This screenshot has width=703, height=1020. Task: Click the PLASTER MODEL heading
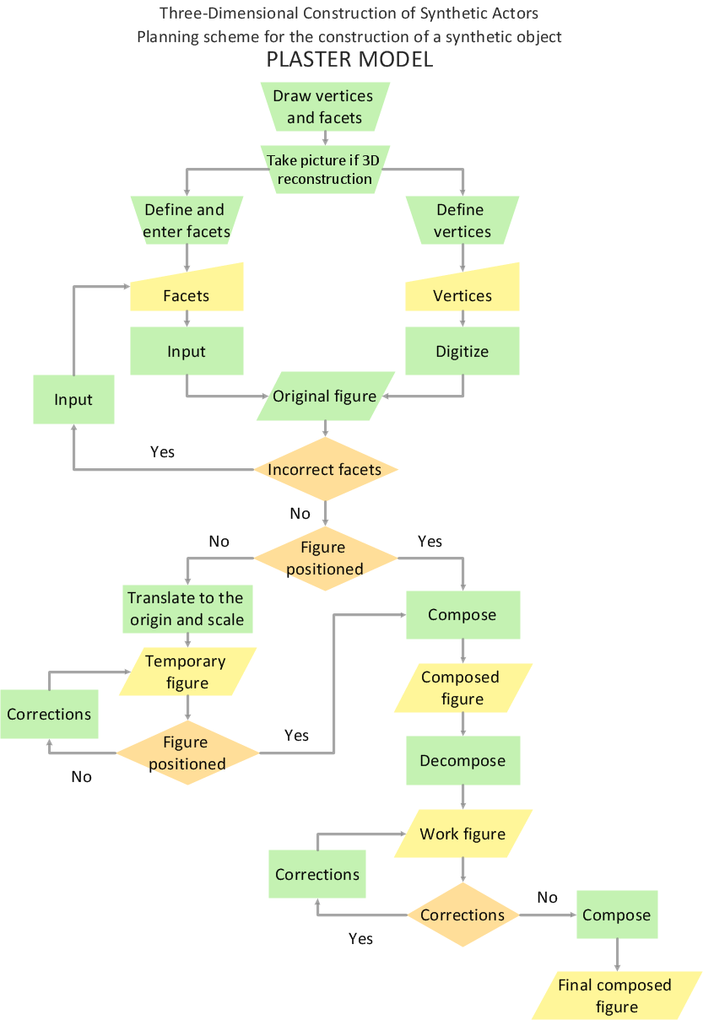pos(350,60)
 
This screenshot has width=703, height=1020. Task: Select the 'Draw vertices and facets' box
pos(324,107)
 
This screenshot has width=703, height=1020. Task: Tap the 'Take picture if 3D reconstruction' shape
pos(324,169)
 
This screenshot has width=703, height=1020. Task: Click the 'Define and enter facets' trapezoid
pos(187,220)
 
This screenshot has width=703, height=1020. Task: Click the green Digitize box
pos(462,351)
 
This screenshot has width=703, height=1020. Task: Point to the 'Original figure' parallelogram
pos(324,396)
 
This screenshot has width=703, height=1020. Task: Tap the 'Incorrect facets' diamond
pos(325,469)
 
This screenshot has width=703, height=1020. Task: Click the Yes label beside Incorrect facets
pos(162,452)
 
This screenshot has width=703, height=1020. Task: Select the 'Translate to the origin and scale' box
pos(187,608)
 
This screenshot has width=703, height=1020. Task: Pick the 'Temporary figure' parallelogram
pos(187,672)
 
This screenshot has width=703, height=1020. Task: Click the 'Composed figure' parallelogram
pos(462,688)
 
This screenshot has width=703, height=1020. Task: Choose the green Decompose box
pos(462,760)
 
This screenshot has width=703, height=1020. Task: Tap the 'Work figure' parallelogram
pos(462,834)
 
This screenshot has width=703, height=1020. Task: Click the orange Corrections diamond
pos(462,915)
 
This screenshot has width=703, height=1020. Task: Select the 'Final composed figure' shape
pos(616,996)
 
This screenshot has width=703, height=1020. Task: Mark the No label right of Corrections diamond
pos(548,897)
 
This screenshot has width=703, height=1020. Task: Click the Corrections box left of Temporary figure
pos(49,714)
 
